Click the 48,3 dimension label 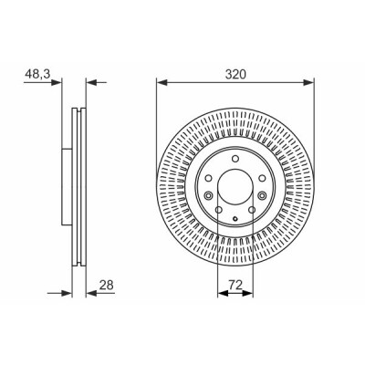(x=37, y=74)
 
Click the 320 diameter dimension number (x=235, y=74)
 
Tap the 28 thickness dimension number (x=106, y=285)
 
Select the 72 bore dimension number (x=235, y=285)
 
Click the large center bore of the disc (x=235, y=187)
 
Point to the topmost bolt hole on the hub (x=235, y=159)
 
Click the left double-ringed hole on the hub (x=209, y=195)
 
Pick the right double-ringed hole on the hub (x=262, y=195)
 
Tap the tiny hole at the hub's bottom (x=235, y=218)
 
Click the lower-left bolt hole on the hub (x=218, y=210)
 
